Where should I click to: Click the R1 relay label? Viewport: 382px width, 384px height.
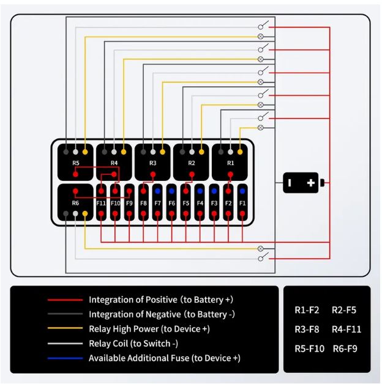pos(230,163)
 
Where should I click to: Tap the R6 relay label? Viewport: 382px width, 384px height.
pos(75,203)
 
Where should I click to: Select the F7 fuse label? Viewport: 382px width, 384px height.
pos(158,203)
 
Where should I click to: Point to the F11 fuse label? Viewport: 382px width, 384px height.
pos(101,203)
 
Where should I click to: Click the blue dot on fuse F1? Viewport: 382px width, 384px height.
pos(242,191)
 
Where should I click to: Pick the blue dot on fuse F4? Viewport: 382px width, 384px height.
pos(200,191)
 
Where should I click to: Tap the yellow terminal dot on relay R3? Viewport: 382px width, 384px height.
pos(162,152)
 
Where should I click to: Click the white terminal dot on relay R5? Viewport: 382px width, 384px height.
pos(75,152)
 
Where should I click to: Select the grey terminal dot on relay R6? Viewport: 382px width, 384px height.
pos(66,213)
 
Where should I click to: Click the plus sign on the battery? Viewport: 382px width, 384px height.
pos(310,183)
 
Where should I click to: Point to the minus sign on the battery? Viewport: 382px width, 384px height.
pos(290,183)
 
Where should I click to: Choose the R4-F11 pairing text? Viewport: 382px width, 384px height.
pos(346,330)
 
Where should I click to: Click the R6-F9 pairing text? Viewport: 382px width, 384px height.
pos(345,349)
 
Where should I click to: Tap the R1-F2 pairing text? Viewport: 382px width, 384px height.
pos(307,310)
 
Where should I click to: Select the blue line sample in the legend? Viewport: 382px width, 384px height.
pos(66,358)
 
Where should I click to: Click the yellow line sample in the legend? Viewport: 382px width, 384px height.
pos(66,328)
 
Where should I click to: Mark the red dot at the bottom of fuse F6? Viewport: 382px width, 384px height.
pos(171,213)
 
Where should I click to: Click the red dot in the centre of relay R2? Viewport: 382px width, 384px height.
pos(192,174)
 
